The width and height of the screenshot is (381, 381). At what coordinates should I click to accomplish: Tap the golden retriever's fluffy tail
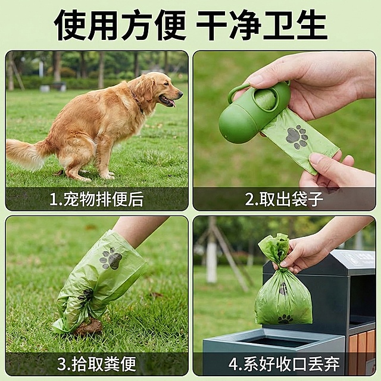[x=27, y=153]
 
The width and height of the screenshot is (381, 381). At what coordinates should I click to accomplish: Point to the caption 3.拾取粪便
[x=96, y=363]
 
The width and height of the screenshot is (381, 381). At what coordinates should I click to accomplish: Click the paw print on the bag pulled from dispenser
[x=297, y=137]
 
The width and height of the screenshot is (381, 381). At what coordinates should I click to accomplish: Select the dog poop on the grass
[x=89, y=327]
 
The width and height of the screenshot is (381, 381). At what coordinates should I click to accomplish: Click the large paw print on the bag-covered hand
[x=111, y=259]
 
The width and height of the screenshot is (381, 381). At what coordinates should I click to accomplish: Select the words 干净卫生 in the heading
[x=262, y=25]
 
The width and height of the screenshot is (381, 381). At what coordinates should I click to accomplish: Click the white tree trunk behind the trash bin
[x=211, y=256]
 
